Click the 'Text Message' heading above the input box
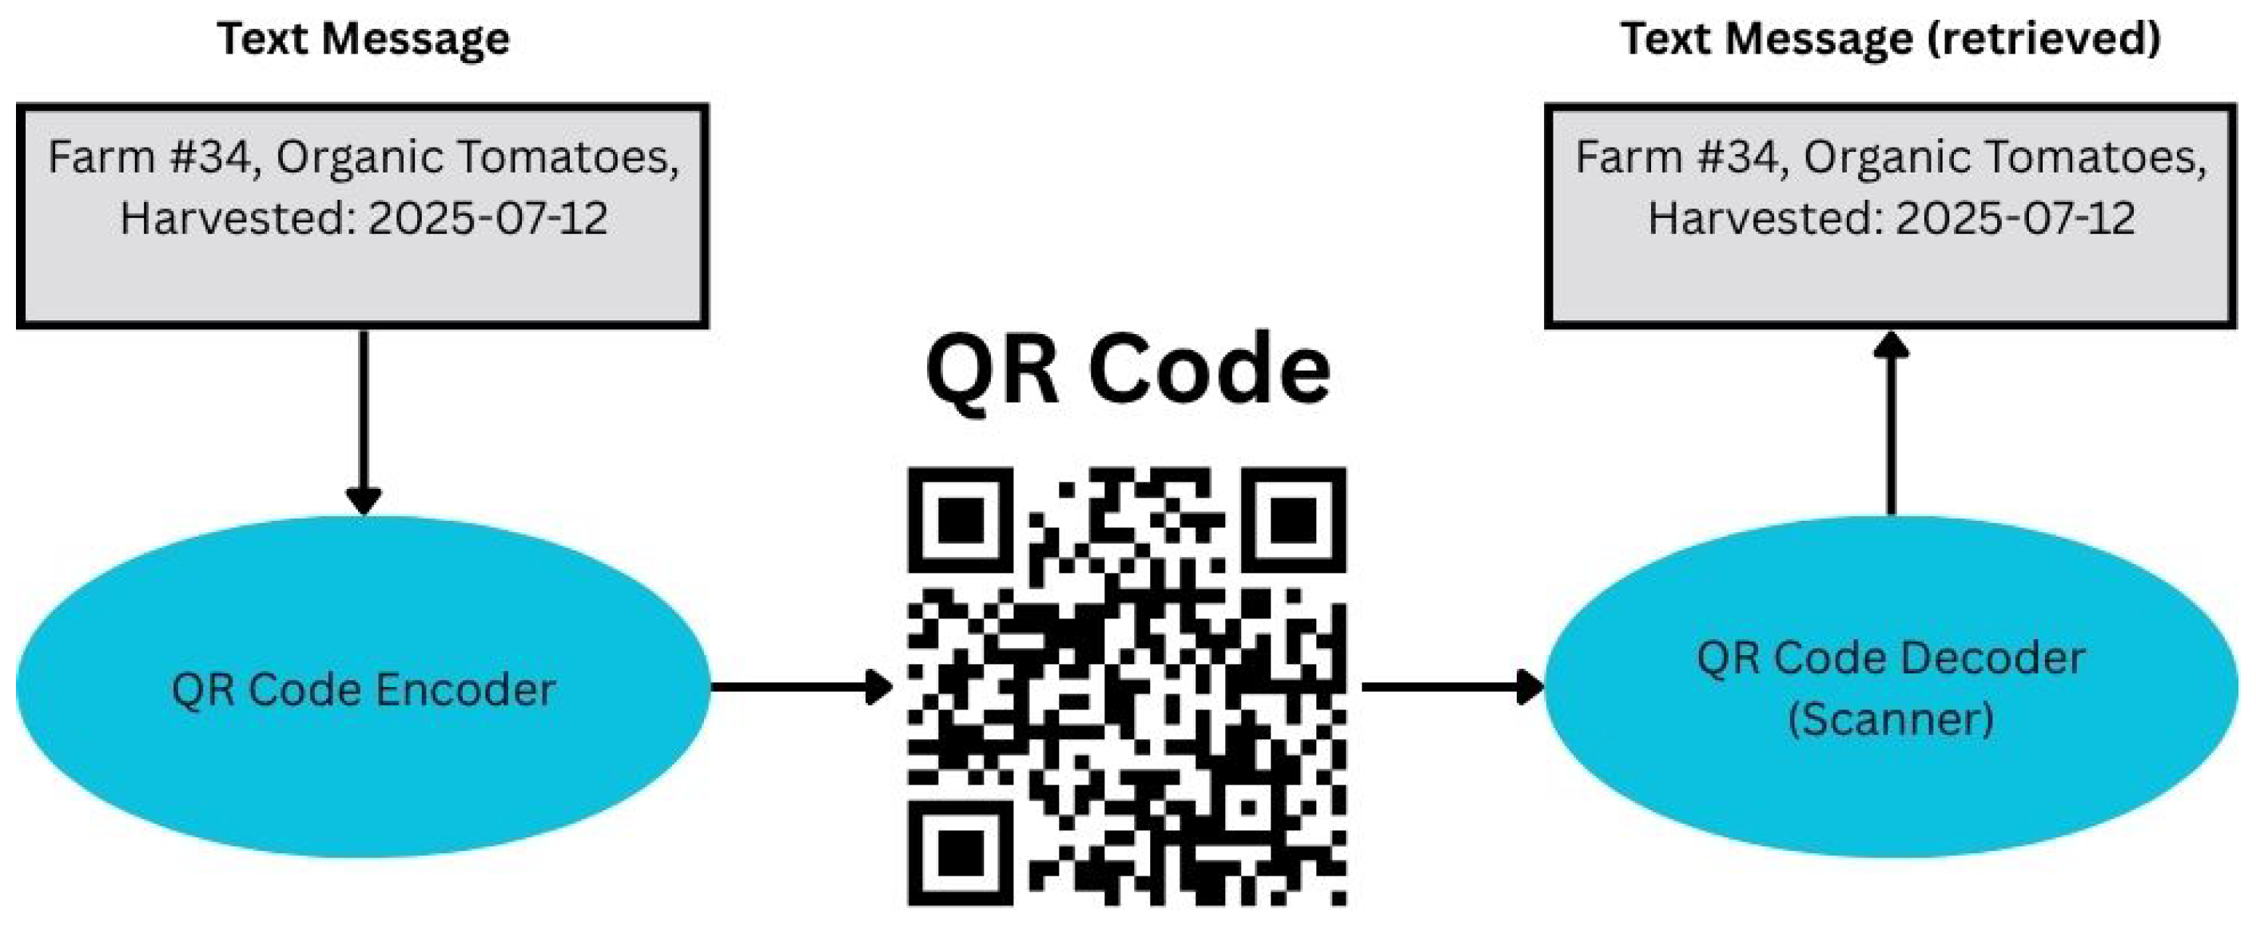(x=363, y=39)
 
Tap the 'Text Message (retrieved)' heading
(x=1890, y=39)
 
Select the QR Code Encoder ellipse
(x=363, y=688)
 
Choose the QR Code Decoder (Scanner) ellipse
(x=1890, y=688)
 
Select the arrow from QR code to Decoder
(x=1450, y=686)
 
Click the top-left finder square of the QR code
(x=960, y=519)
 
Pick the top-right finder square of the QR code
(x=1294, y=519)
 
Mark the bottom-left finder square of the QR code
(x=960, y=852)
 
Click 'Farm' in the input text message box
(x=89, y=157)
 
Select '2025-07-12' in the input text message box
(x=487, y=219)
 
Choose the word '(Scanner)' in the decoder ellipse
(x=1891, y=720)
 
